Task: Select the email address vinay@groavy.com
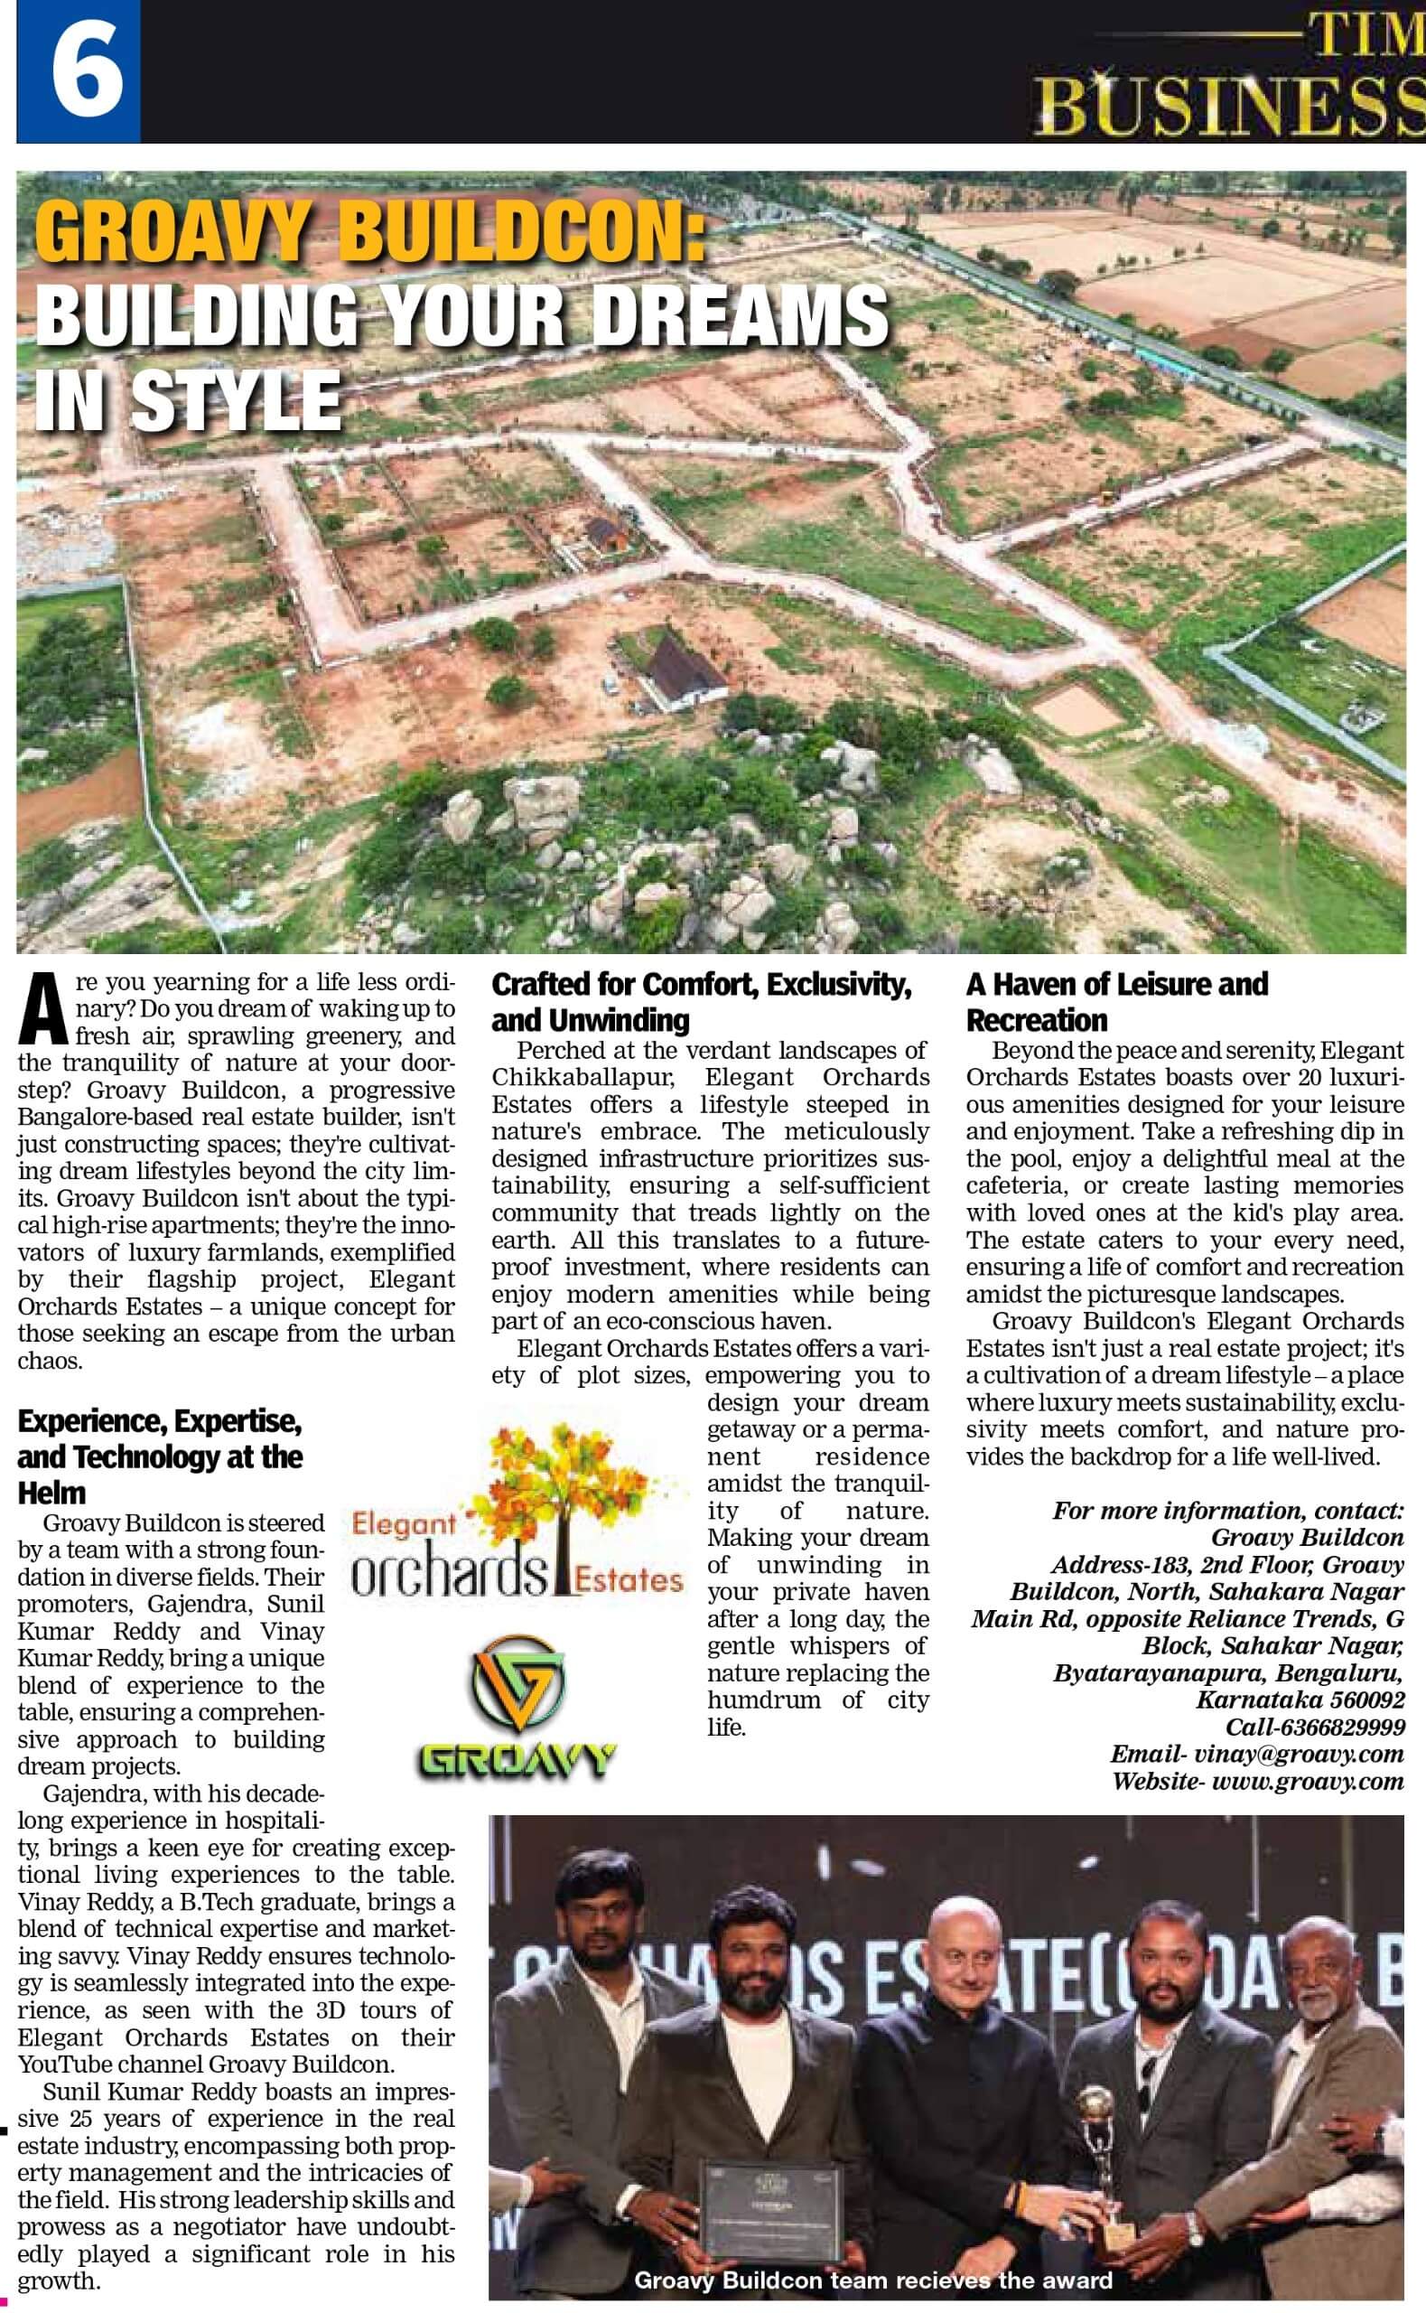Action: pos(1296,1754)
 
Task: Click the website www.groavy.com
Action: pos(1306,1781)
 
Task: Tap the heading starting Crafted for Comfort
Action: pos(702,1002)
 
